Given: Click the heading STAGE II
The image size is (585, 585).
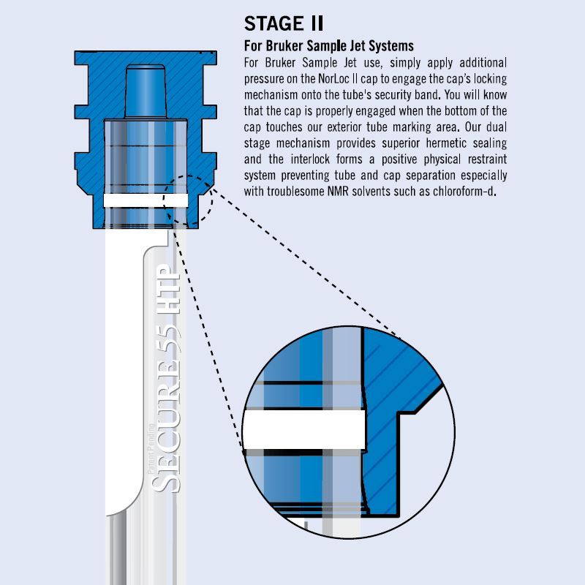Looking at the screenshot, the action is (284, 23).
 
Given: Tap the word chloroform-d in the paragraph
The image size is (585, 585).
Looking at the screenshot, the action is (464, 191).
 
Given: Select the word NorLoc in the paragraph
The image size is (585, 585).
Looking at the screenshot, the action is (334, 79).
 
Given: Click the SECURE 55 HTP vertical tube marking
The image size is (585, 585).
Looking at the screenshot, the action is (166, 378).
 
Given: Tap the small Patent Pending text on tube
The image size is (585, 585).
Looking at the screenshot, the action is (151, 448).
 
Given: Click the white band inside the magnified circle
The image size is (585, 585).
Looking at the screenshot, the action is (303, 429).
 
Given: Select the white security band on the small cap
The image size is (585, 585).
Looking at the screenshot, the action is (146, 200).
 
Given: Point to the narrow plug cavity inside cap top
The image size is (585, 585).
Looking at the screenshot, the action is (146, 91).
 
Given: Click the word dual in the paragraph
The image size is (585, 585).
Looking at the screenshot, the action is (497, 127).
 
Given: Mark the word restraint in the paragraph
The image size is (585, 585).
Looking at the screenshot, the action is (487, 159).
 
